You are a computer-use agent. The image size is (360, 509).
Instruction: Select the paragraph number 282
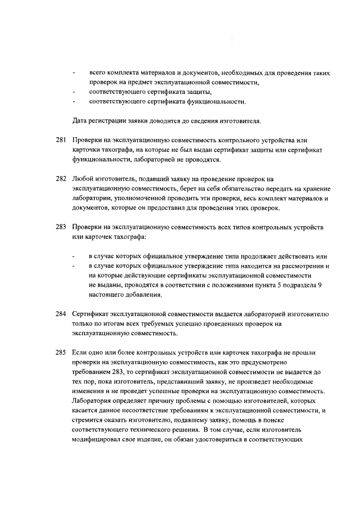tap(61, 178)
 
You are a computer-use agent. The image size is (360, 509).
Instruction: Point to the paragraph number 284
tap(61, 314)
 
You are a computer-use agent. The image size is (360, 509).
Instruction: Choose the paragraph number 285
tap(61, 353)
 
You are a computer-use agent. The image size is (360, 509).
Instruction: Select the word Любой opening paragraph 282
tap(82, 178)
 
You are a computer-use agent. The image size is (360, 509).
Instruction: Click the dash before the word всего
tap(74, 73)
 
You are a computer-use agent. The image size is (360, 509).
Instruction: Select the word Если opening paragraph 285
tap(79, 353)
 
